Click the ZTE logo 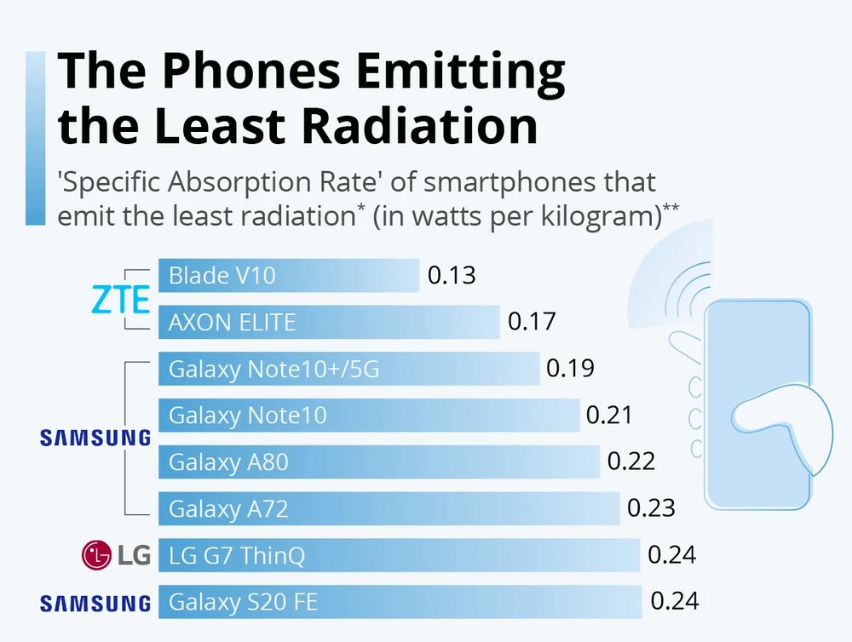coord(121,299)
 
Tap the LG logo coord(115,556)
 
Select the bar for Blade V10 coord(289,276)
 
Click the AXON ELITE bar coord(329,322)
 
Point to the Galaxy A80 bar coord(379,462)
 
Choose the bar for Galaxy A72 coord(389,509)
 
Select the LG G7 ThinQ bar coord(399,556)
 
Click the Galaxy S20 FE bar coord(400,602)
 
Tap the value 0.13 coord(451,276)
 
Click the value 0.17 coord(531,322)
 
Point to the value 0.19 coord(570,369)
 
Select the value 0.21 coord(609,416)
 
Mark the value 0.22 coord(630,461)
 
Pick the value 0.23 coord(651,508)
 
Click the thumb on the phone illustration coord(779,421)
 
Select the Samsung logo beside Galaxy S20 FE coord(95,604)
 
